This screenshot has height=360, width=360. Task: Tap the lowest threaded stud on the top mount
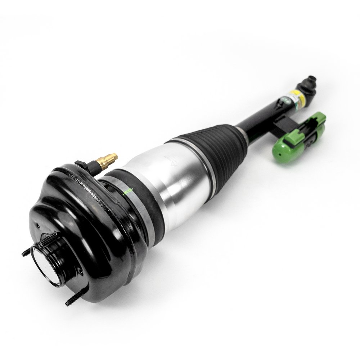coord(71,301)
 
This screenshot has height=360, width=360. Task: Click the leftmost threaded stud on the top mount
coord(26,253)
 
